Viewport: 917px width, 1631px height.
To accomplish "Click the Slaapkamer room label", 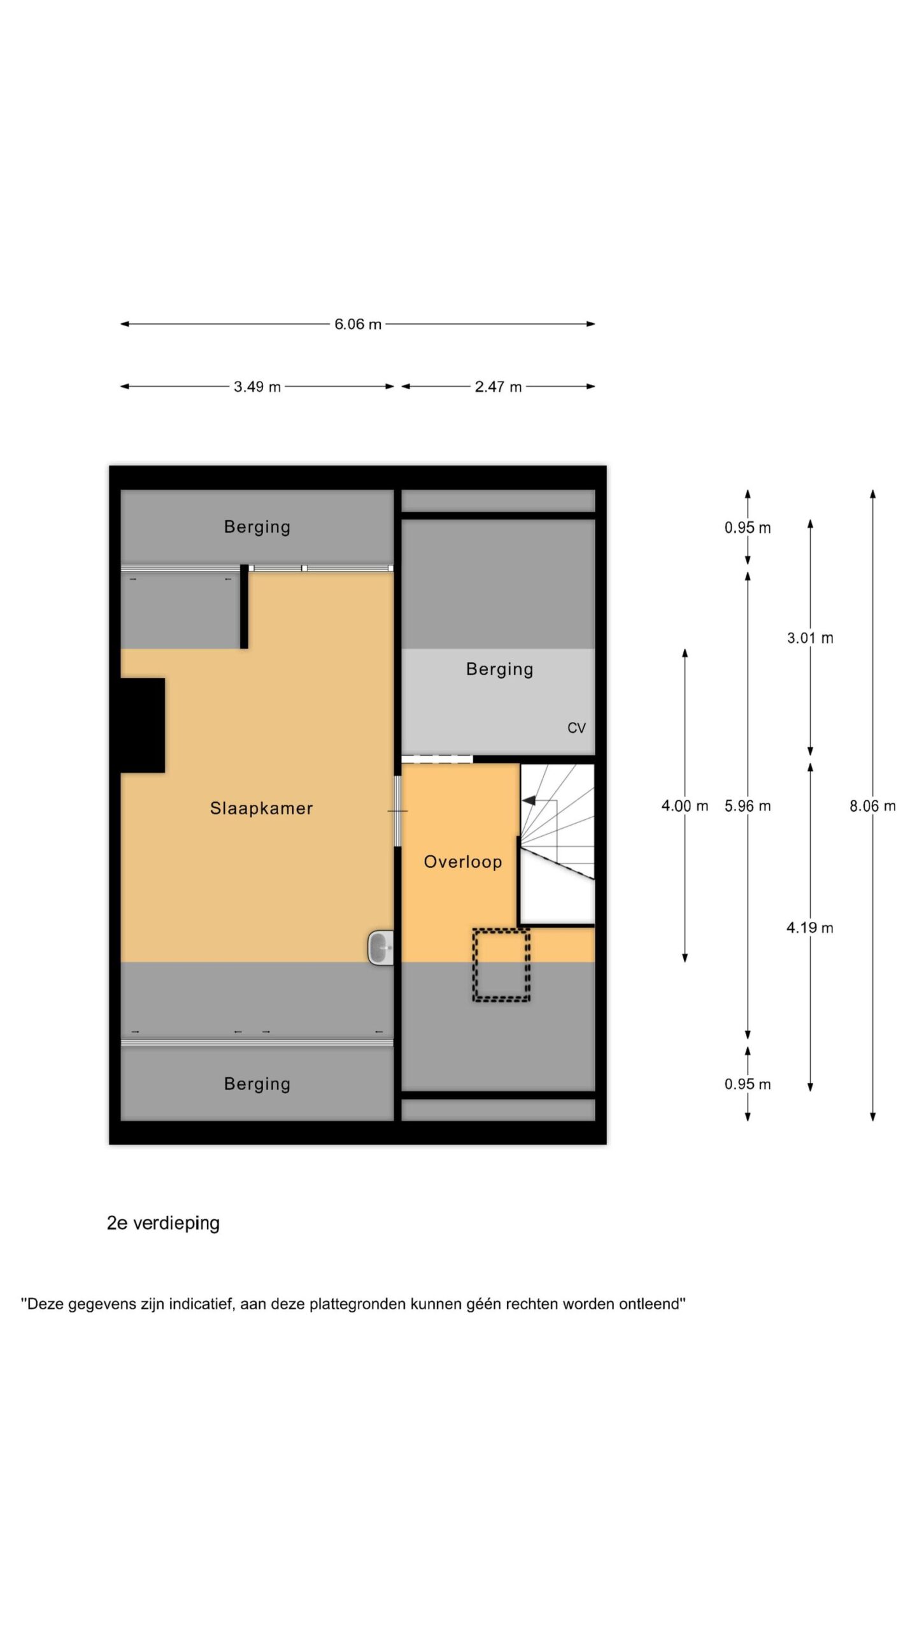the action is (261, 808).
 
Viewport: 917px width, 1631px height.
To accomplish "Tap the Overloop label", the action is (463, 862).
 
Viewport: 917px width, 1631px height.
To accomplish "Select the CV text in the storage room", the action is (576, 728).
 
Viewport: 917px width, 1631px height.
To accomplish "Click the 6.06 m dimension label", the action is (358, 324).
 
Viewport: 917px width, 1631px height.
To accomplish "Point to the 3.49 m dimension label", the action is (257, 387).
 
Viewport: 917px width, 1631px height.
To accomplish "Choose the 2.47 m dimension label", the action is (498, 387).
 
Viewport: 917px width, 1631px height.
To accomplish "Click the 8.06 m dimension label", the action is (872, 806).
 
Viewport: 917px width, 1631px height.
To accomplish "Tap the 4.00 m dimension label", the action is (685, 806).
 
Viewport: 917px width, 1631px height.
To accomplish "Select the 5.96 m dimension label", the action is (748, 806).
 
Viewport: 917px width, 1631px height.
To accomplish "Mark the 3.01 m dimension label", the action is (810, 638).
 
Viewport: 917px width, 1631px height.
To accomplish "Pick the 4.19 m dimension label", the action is (810, 928).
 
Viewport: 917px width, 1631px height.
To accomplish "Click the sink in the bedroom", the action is (381, 947).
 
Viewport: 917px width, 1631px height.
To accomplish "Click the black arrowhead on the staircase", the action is (529, 801).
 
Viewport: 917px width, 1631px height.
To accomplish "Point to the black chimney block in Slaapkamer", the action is (143, 725).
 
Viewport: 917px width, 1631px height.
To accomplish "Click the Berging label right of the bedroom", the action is (500, 670).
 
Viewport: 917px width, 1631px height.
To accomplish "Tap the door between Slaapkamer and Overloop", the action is (397, 811).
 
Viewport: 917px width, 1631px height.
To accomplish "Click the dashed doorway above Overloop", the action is (437, 759).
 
